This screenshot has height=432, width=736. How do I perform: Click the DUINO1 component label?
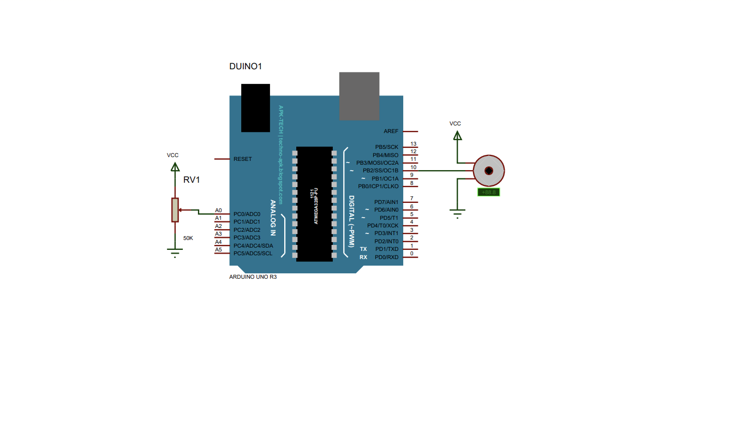coord(246,67)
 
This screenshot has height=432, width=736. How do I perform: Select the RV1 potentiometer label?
coord(192,180)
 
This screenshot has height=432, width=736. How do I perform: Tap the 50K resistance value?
coord(188,238)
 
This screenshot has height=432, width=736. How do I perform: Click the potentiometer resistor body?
coord(175,210)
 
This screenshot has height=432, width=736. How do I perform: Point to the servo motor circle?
coord(489,171)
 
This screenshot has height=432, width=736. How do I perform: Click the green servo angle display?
coord(489,192)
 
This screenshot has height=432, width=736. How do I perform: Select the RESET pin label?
coord(243,159)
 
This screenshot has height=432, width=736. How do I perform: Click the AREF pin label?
coord(391,131)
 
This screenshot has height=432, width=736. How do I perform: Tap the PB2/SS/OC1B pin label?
coord(380,171)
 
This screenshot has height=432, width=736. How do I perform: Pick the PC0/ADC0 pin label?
coord(247,214)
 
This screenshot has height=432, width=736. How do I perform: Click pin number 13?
coord(413,144)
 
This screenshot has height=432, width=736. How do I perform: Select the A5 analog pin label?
coord(218,250)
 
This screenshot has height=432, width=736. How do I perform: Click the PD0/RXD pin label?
coord(386,257)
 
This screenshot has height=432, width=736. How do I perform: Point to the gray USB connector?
coord(359,95)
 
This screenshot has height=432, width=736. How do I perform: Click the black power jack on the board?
coord(255,107)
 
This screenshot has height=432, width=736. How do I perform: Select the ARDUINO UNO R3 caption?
coord(253,277)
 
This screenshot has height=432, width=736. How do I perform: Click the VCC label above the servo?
coord(455,124)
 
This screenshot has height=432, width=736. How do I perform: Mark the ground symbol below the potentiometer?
coord(175,253)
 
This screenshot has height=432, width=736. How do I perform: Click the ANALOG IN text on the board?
coord(273,217)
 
